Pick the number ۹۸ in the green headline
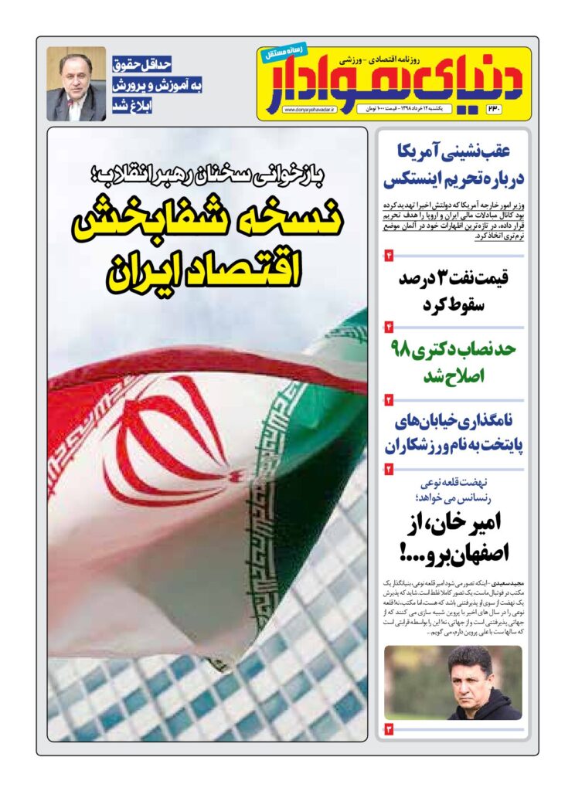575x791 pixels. click(405, 348)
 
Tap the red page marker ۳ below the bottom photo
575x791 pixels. click(389, 728)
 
